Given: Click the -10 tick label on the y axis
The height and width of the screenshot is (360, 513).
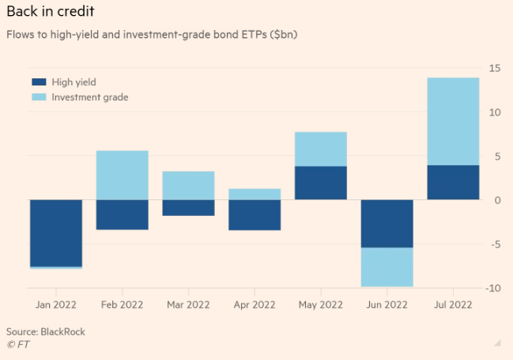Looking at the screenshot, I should click(x=492, y=288).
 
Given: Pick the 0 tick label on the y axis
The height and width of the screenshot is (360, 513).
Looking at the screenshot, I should click(x=497, y=200).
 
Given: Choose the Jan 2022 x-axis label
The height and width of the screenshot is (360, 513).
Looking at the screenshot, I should click(x=56, y=305).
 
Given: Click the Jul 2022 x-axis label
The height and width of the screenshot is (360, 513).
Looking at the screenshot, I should click(x=452, y=305).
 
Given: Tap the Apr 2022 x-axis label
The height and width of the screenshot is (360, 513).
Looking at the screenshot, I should click(x=255, y=305).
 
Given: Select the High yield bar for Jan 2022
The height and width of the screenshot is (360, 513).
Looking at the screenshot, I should click(x=56, y=233).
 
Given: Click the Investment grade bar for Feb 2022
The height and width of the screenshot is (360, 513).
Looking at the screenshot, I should click(x=122, y=175).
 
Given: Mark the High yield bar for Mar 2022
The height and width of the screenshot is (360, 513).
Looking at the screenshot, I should click(x=188, y=207).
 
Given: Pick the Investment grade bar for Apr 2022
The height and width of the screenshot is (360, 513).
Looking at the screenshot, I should click(x=255, y=194).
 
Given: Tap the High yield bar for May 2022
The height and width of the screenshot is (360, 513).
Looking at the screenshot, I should click(x=320, y=183).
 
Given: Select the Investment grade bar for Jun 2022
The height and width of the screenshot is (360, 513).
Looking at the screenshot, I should click(x=387, y=267).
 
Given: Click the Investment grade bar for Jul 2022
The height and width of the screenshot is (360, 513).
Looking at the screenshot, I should click(x=452, y=121).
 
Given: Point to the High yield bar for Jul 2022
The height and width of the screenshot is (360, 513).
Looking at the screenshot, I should click(x=452, y=182).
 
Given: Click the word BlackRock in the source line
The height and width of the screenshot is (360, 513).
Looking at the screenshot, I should click(x=63, y=332).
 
